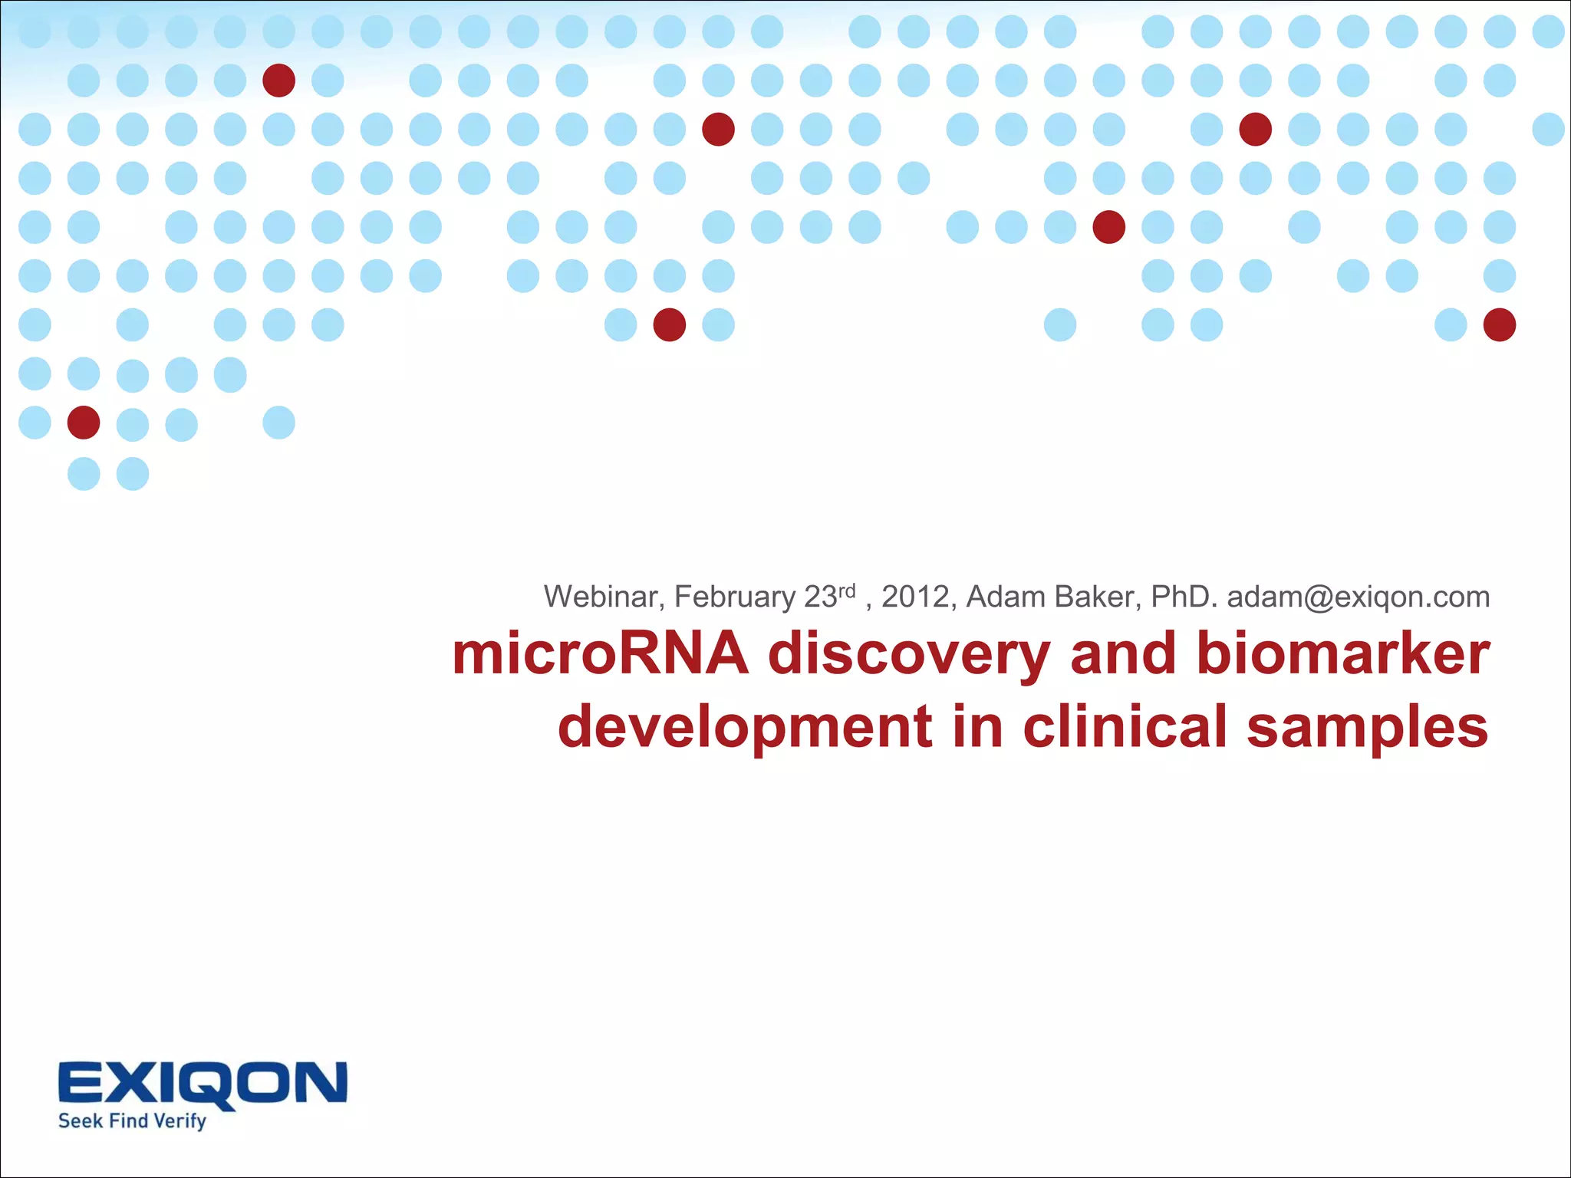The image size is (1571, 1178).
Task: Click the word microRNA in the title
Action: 600,654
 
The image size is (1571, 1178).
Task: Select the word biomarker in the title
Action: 1342,654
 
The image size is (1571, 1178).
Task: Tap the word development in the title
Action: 745,727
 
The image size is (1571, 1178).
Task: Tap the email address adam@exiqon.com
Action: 1358,597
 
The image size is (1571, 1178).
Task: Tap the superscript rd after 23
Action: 846,591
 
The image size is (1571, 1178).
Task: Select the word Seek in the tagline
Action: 81,1120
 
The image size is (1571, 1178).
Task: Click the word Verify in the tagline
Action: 179,1121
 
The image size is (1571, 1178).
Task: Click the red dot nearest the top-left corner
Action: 278,81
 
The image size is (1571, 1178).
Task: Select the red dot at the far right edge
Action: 1499,324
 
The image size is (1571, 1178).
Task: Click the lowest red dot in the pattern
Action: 84,423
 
